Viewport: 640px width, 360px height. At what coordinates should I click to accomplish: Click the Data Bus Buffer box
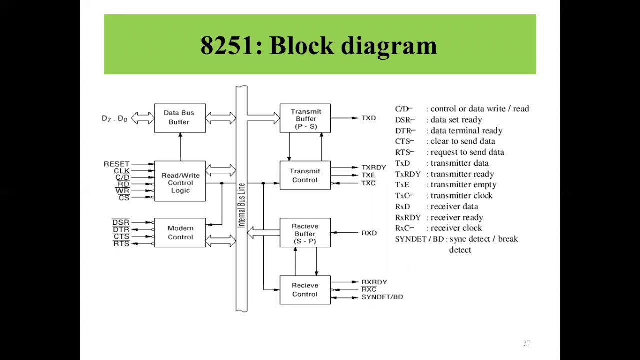pos(180,118)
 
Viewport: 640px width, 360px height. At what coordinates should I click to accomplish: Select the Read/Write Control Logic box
pos(180,181)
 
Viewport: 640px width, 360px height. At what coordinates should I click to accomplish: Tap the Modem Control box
pos(180,233)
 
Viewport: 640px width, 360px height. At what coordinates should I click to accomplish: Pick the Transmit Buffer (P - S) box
pos(305,118)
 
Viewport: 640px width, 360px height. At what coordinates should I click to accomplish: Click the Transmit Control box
pos(305,175)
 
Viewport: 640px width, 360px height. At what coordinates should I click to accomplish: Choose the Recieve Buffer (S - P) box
pos(305,233)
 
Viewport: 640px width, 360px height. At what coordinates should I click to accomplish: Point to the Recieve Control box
pos(305,290)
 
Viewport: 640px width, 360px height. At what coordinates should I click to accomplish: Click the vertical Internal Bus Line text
pos(241,205)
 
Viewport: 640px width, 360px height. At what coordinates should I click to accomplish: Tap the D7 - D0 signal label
pos(114,118)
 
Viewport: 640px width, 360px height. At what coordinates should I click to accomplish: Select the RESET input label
pos(116,164)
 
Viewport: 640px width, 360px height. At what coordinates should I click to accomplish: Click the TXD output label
pos(369,118)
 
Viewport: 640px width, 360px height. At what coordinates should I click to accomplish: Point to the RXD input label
pos(369,233)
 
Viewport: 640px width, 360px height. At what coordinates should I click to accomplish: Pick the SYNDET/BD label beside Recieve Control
pos(382,297)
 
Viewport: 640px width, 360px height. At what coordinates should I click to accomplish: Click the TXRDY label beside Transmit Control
pos(374,167)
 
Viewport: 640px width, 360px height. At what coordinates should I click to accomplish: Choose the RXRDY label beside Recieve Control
pos(374,282)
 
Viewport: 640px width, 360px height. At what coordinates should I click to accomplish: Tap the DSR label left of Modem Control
pos(121,222)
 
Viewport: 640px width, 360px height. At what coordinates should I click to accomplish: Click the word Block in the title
pos(301,45)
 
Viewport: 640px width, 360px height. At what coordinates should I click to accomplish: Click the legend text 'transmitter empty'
pos(463,185)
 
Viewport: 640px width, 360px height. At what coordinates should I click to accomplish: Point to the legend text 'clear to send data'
pos(463,141)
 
